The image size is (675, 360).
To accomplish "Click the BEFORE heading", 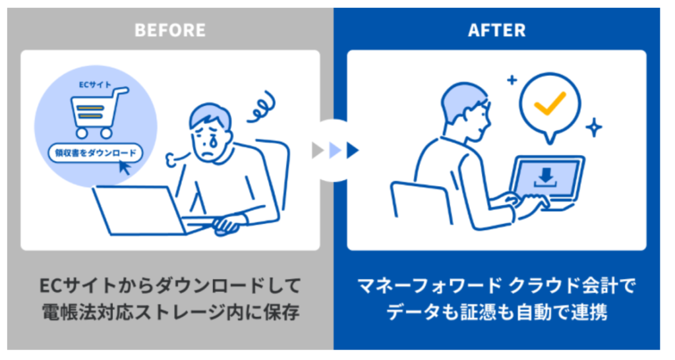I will (170, 30).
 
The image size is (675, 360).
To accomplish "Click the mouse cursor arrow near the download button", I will (124, 167).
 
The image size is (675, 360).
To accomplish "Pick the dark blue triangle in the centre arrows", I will (353, 150).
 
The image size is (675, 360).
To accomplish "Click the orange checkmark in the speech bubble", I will (550, 102).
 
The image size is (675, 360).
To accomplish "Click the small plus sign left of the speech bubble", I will (512, 80).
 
